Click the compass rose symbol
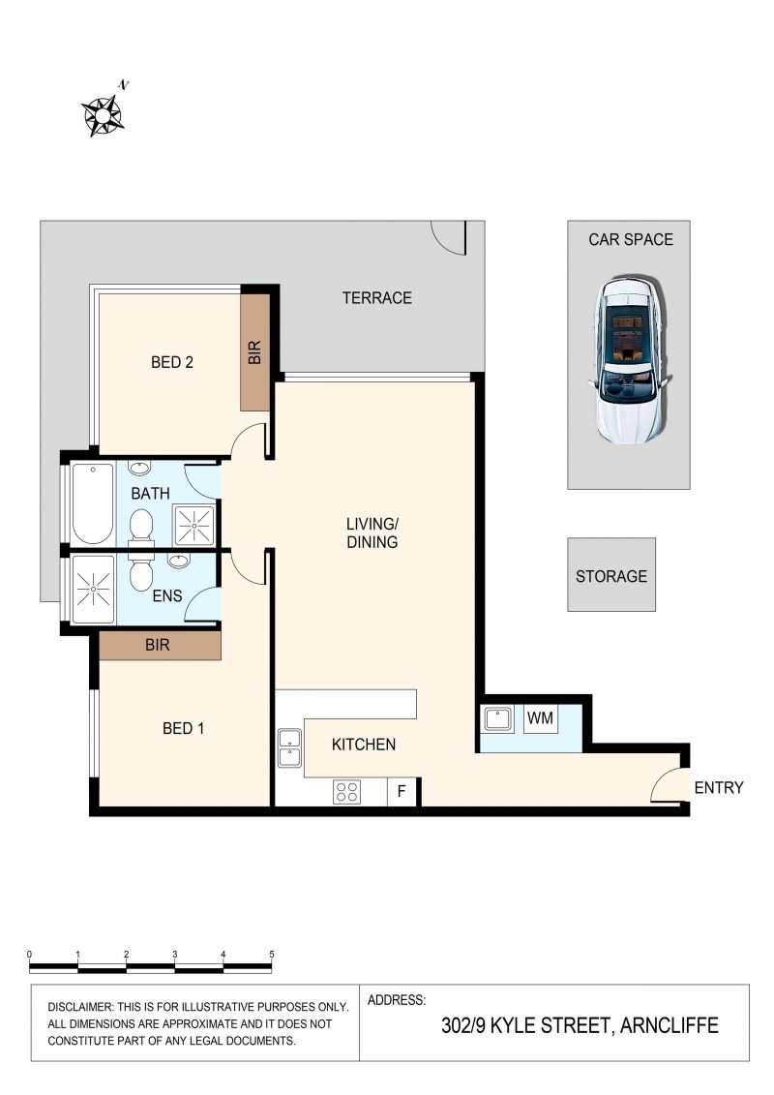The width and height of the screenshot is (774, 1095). (104, 114)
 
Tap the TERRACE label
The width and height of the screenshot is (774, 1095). (377, 298)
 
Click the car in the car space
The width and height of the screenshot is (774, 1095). (629, 359)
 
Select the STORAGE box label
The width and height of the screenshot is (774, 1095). (611, 576)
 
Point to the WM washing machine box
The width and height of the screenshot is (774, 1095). (540, 718)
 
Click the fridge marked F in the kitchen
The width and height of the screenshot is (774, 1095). (402, 791)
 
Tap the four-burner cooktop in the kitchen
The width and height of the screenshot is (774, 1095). (347, 792)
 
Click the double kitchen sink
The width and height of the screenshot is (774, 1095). (289, 748)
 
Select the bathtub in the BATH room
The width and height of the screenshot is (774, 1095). (93, 502)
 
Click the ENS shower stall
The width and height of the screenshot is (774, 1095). (94, 590)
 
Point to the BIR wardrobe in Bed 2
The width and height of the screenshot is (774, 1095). (255, 352)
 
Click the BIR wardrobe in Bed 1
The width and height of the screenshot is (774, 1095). (160, 645)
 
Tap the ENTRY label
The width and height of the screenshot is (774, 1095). (719, 788)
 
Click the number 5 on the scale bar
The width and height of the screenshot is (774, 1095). (272, 954)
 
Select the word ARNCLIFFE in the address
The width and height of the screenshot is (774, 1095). (669, 1025)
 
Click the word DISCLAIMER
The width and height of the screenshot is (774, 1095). (79, 1007)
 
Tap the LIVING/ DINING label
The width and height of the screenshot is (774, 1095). (372, 532)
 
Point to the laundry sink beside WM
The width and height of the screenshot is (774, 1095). (497, 718)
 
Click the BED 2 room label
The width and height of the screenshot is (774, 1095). (171, 362)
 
